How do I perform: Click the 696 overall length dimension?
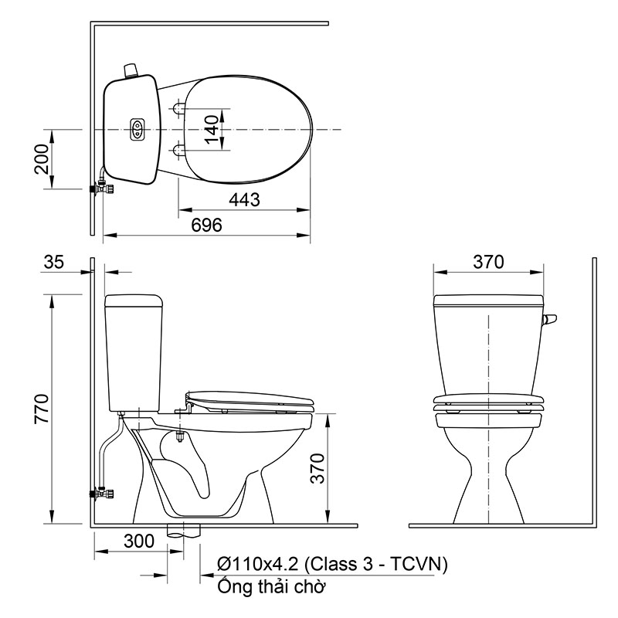(206, 225)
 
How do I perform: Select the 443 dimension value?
(243, 199)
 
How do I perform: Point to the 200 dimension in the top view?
(42, 159)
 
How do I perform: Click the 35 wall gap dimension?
(54, 262)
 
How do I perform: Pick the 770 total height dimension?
(42, 409)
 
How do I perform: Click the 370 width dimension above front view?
(488, 262)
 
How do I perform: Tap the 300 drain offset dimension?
(139, 542)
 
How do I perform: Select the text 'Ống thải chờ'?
(270, 586)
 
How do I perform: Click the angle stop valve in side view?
(100, 490)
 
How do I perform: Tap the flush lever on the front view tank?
(549, 320)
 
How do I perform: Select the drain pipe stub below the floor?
(185, 531)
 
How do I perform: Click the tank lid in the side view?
(134, 299)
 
